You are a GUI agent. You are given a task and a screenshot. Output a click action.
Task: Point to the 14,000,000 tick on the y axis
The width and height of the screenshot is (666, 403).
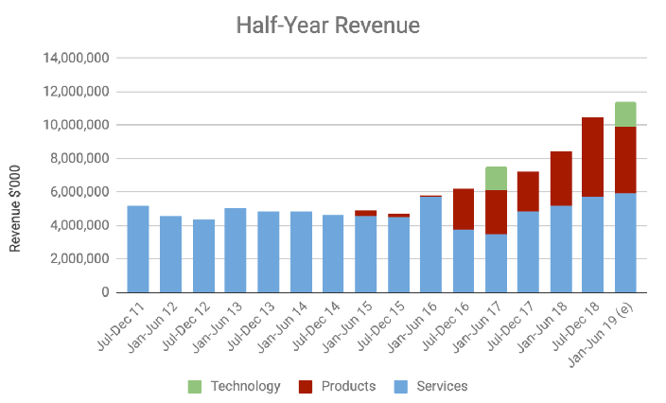click(x=78, y=59)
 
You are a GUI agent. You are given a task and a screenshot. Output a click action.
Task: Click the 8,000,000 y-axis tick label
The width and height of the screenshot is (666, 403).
click(x=81, y=159)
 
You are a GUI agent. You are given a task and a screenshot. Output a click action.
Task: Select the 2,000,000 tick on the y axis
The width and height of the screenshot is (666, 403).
click(x=81, y=259)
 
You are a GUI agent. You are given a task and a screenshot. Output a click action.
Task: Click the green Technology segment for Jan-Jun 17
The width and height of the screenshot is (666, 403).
click(x=496, y=178)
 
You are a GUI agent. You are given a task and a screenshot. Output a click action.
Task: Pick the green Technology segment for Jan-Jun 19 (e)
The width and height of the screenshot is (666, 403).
click(x=625, y=114)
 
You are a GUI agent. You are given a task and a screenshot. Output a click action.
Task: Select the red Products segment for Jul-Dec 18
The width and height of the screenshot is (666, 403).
click(x=593, y=157)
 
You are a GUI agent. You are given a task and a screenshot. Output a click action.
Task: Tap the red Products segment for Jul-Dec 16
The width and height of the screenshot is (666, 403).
click(x=464, y=209)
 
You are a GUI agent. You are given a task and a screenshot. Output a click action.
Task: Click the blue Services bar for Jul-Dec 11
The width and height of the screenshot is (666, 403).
click(x=137, y=249)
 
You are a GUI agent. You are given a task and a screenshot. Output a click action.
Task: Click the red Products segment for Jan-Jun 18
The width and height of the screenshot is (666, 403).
click(x=561, y=178)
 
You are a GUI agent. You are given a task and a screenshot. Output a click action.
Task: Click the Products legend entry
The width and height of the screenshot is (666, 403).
click(x=338, y=386)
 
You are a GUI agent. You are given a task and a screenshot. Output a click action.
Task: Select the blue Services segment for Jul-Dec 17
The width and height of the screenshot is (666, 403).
click(x=528, y=252)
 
